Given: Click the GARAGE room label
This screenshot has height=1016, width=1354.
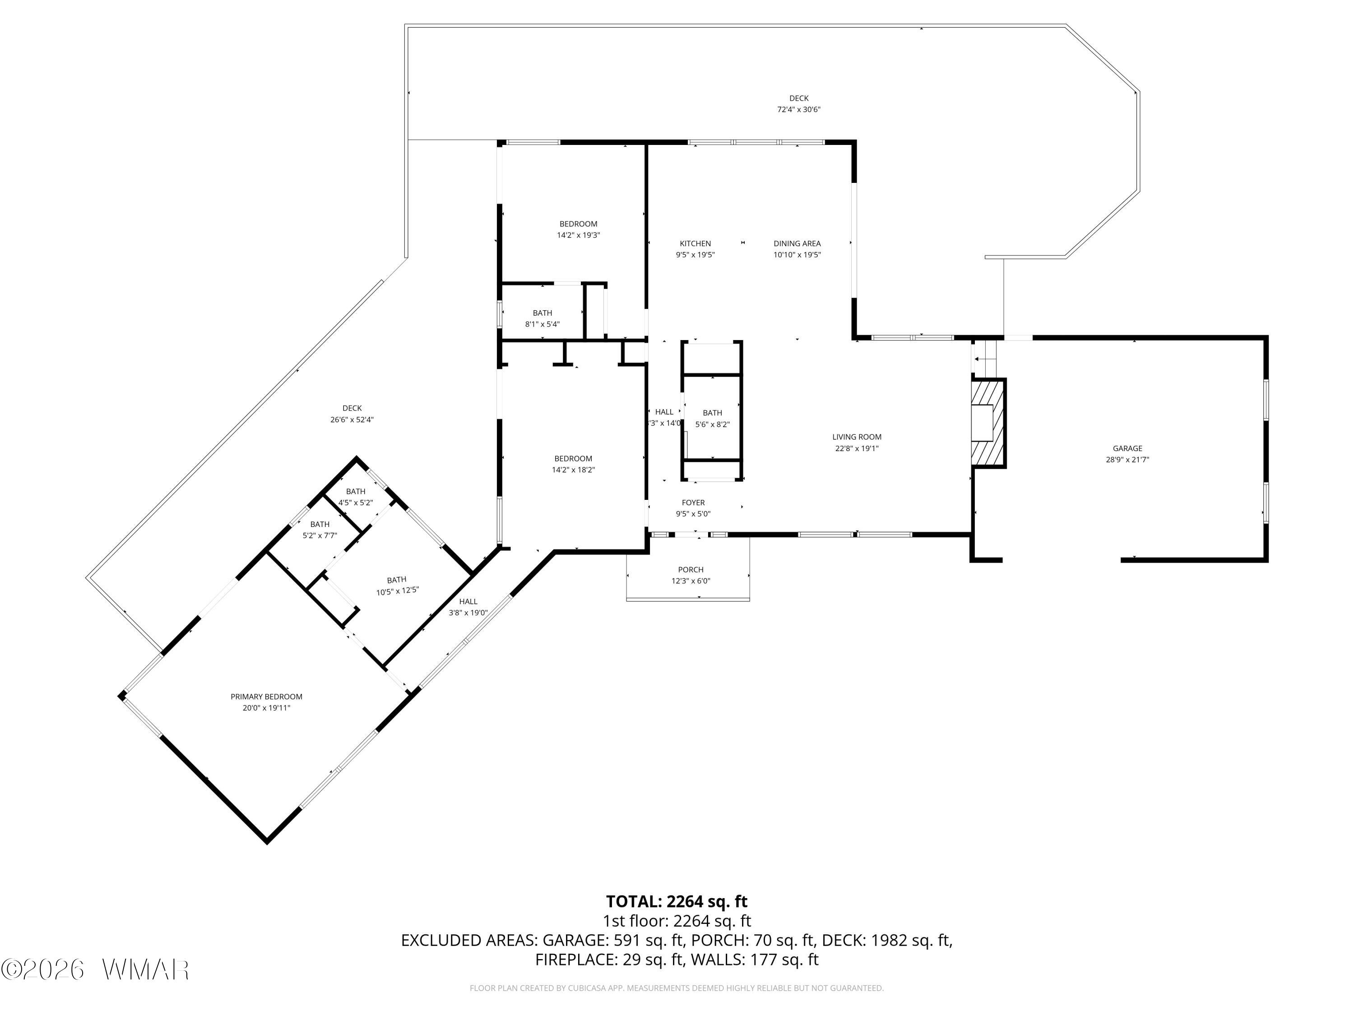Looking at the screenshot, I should (1127, 448).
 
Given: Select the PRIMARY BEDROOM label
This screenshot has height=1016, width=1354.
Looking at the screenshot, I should (266, 696).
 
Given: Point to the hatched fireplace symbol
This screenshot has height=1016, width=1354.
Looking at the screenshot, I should (988, 423).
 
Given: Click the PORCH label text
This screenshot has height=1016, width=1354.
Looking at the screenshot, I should (691, 569).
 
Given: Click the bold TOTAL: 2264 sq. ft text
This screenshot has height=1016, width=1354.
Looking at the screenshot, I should (677, 901).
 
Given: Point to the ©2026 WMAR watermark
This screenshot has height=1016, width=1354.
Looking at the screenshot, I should (95, 969).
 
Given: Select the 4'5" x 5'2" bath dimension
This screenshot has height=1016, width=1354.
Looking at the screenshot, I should (355, 503).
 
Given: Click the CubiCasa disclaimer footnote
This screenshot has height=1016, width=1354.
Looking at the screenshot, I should (677, 988).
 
